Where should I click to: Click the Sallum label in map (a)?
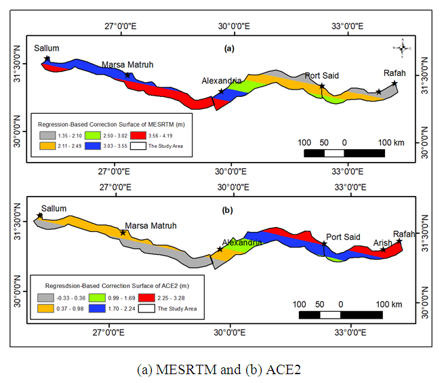[x=47, y=48]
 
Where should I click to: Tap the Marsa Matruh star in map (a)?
[x=127, y=75]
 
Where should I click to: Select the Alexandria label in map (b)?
[x=240, y=242]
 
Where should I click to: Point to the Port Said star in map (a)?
[x=322, y=86]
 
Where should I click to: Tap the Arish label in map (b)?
[x=382, y=242]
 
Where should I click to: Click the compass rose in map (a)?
[x=402, y=48]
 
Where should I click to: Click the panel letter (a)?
[x=229, y=48]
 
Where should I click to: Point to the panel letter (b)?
[x=228, y=210]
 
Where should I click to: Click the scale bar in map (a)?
[x=344, y=153]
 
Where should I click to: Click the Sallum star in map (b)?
[x=39, y=216]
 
